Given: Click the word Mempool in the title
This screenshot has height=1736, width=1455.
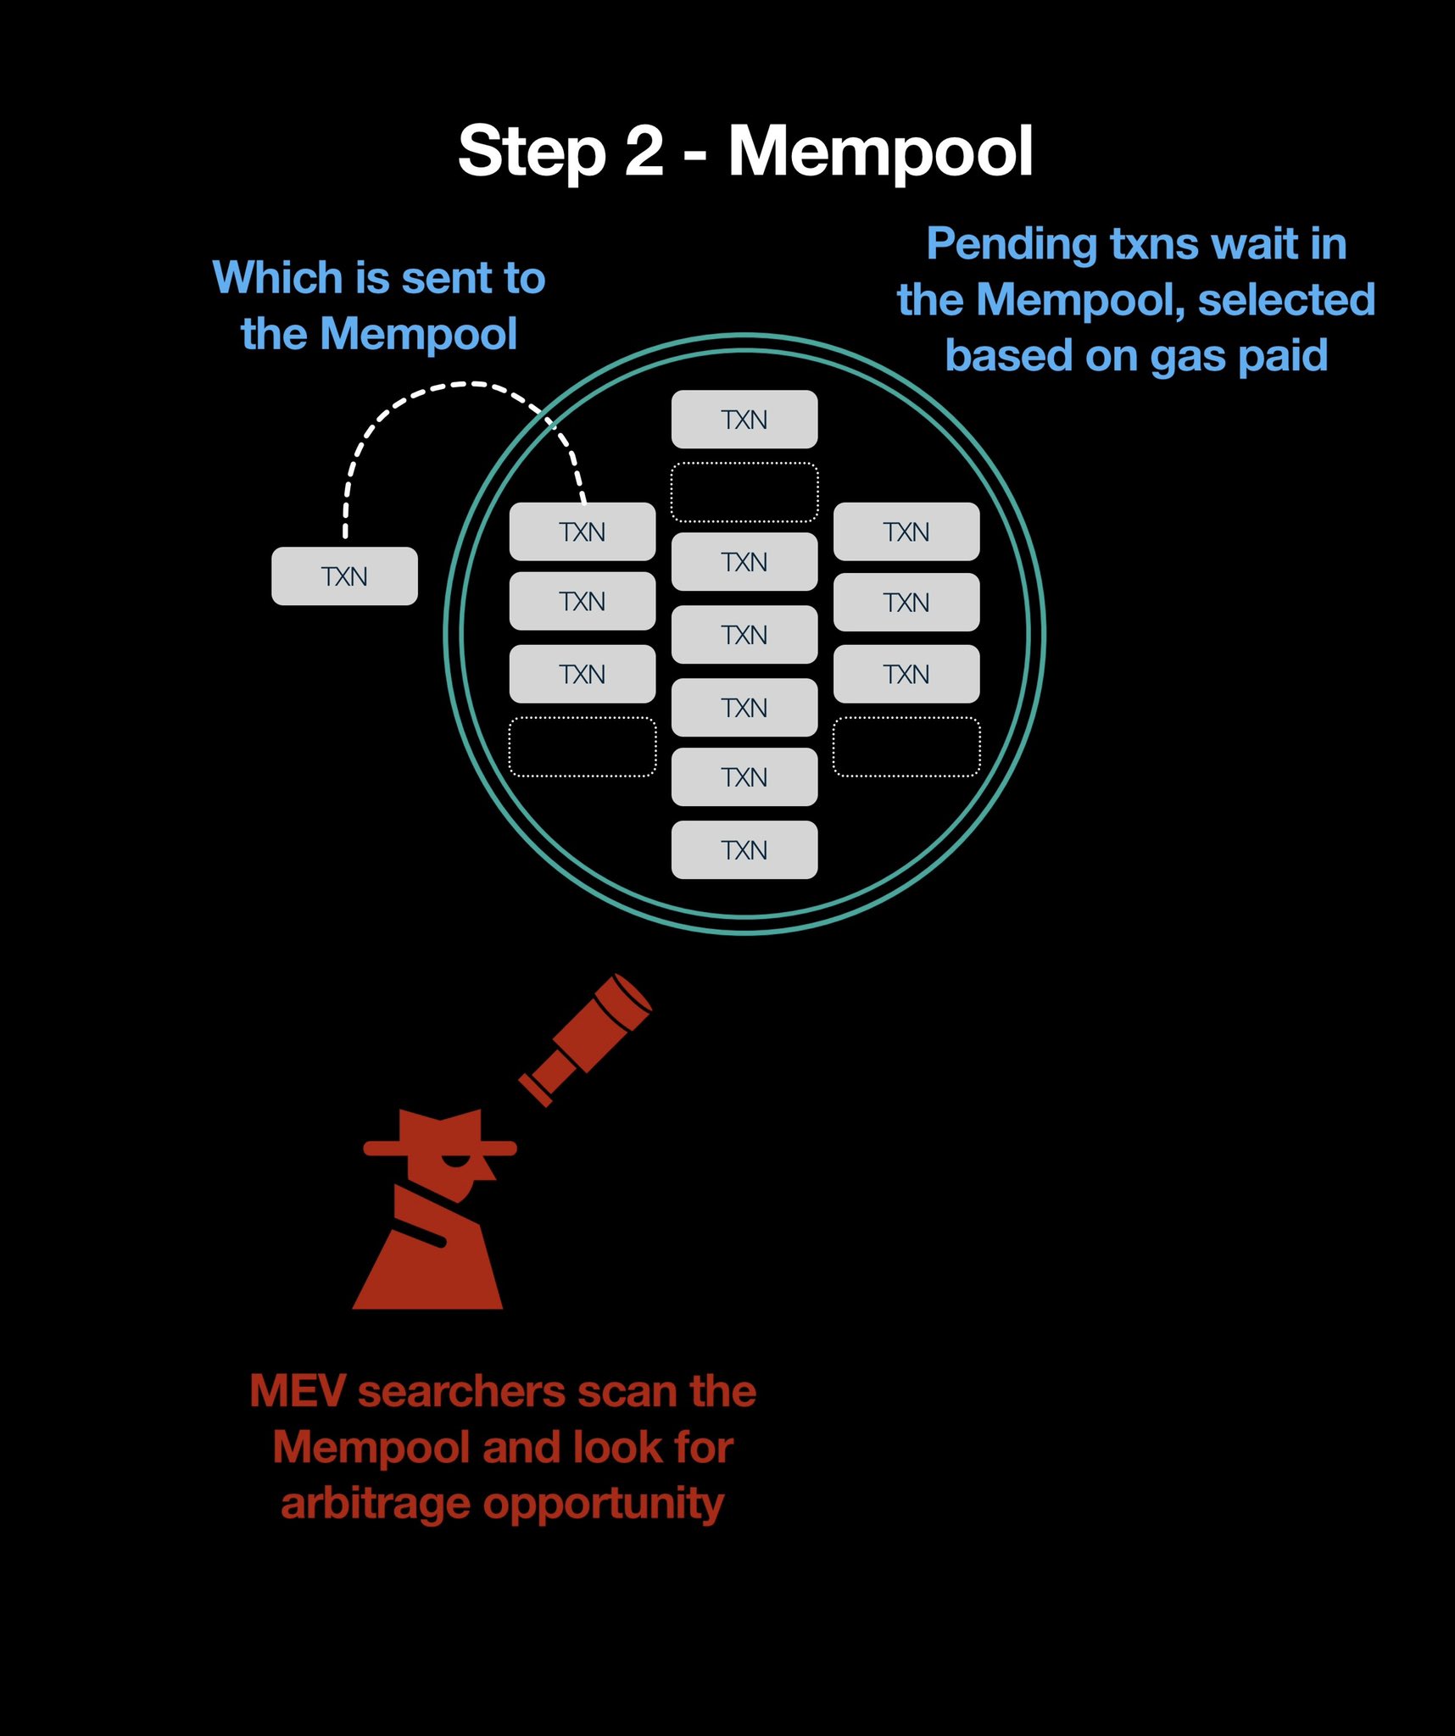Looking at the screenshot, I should (x=880, y=153).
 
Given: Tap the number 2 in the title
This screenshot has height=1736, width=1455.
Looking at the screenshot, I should (x=644, y=151).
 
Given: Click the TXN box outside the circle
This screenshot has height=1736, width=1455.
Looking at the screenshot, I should (x=344, y=576).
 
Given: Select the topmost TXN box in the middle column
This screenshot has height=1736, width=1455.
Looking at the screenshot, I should (x=744, y=420).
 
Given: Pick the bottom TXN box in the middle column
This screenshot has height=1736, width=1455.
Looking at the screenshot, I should (x=744, y=850).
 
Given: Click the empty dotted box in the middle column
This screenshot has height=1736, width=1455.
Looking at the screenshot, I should (x=744, y=492).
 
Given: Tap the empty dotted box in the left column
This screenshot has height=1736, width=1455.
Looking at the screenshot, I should (x=583, y=747).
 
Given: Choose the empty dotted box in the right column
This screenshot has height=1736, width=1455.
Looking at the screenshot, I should (x=906, y=747).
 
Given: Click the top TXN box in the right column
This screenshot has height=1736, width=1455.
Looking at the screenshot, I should (x=906, y=531).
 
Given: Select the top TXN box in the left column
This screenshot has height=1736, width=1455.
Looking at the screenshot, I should (x=583, y=531).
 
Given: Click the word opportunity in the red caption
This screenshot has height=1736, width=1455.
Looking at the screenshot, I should (x=603, y=1505).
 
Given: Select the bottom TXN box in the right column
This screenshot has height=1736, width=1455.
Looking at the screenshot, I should (x=906, y=674).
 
